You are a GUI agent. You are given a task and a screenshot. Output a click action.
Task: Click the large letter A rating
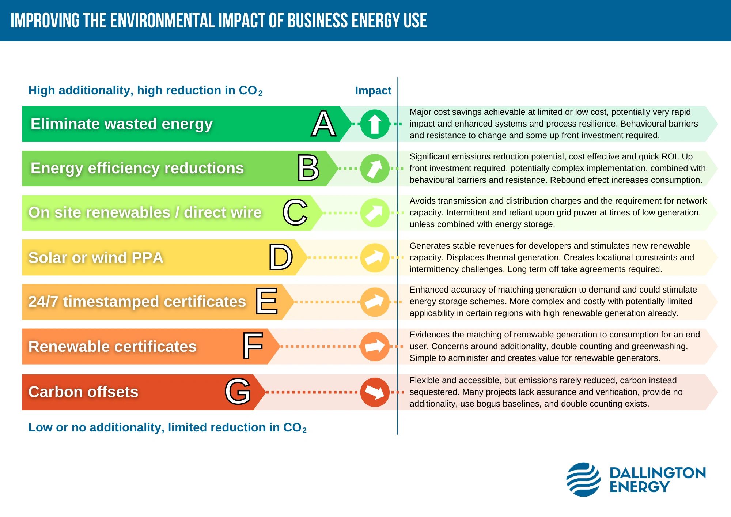[324, 124]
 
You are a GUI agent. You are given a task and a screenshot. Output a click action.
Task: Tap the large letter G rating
[238, 392]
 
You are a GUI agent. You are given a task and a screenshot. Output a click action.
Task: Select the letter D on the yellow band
[281, 257]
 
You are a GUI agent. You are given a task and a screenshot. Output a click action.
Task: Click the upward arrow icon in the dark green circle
[375, 124]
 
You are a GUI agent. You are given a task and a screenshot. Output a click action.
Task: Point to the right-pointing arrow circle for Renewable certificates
[375, 346]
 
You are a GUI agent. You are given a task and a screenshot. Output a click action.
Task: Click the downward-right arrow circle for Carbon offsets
[375, 392]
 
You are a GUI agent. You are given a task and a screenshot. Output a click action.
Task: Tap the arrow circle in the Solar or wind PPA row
[375, 257]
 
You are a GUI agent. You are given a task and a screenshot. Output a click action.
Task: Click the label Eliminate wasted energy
[121, 124]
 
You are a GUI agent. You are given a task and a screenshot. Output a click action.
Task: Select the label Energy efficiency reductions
[137, 168]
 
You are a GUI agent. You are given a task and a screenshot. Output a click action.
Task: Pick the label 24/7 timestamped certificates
[137, 302]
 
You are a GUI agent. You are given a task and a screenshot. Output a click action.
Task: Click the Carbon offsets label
[83, 392]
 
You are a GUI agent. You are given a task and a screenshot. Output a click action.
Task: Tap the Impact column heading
[373, 90]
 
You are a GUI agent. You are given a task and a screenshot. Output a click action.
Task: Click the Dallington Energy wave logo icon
[583, 479]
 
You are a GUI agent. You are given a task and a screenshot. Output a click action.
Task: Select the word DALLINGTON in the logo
[657, 473]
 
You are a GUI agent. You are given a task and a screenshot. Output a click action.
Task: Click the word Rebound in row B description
[565, 180]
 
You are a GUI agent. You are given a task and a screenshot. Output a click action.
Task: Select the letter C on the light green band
[295, 212]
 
